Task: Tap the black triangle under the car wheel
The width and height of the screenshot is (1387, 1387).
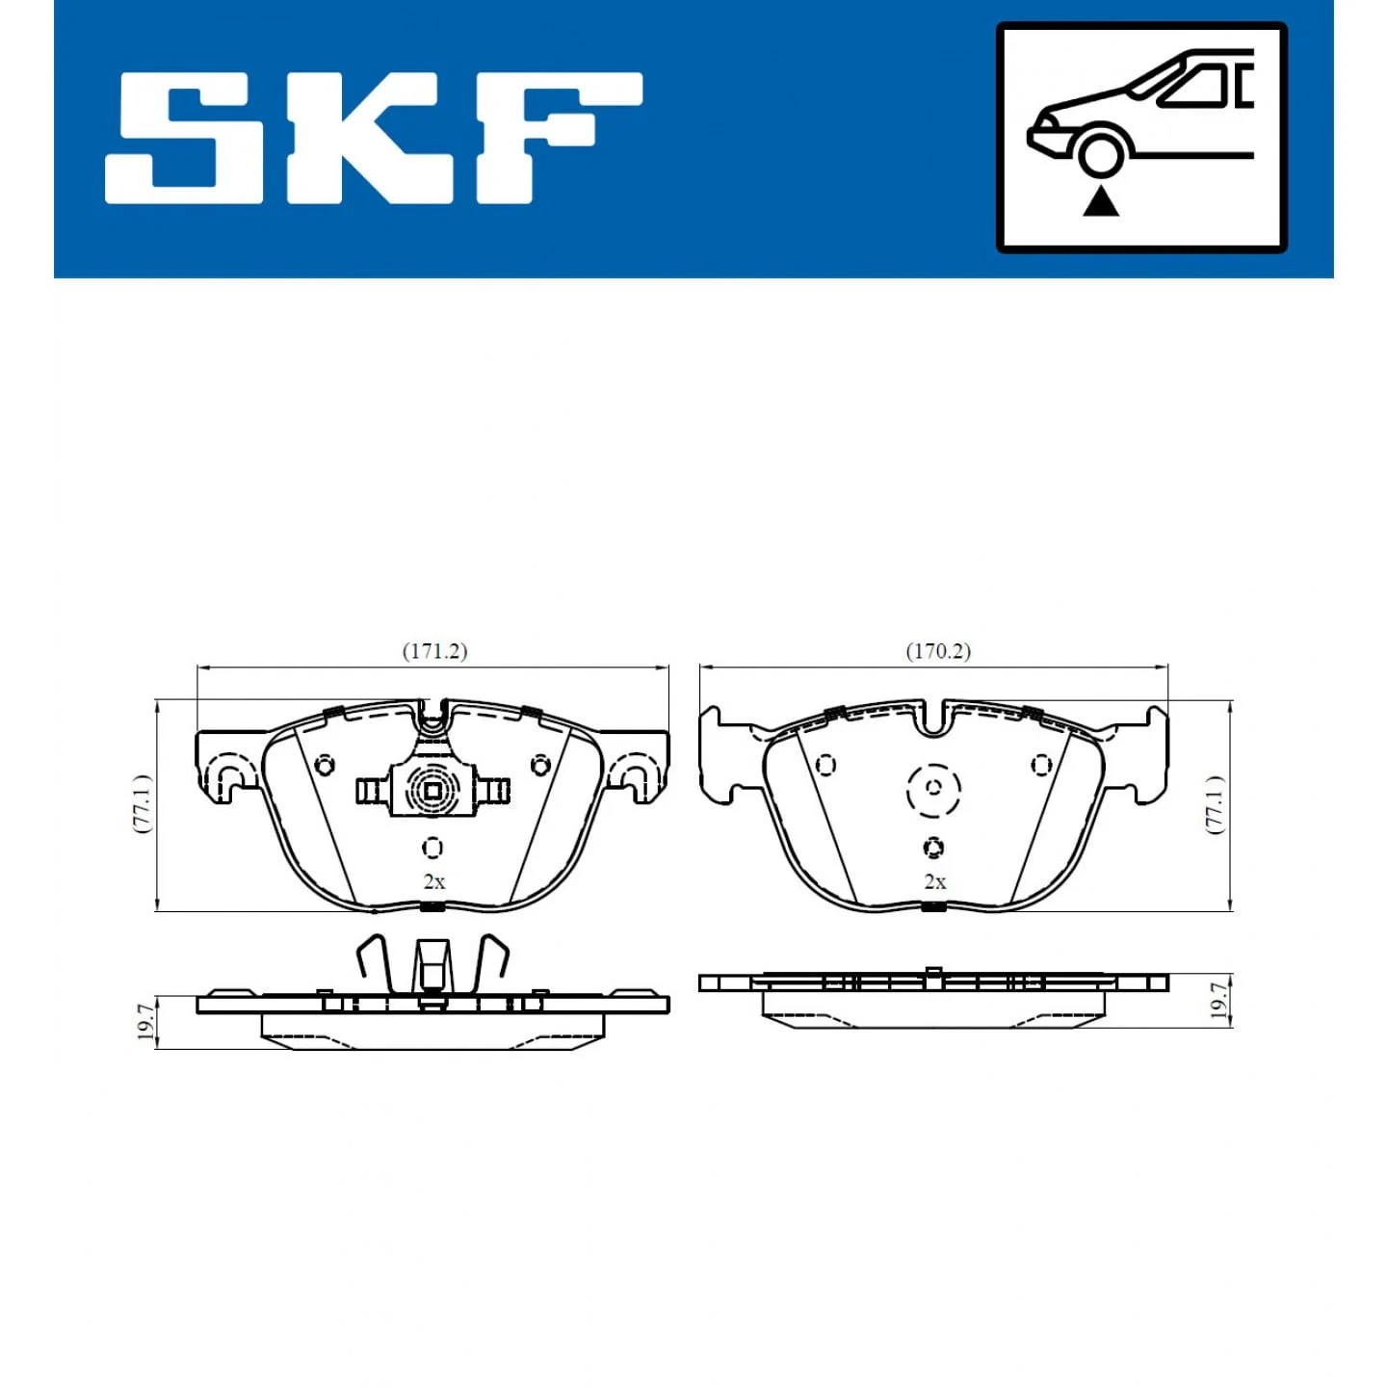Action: coord(1101,201)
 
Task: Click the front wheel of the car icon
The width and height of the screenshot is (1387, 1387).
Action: coord(1101,155)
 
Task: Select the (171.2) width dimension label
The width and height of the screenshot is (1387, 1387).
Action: coord(434,651)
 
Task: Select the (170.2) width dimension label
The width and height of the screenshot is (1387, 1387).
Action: coord(938,651)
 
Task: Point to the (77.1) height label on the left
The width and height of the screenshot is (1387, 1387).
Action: coord(144,804)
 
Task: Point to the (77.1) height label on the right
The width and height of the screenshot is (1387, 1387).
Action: coord(1216,804)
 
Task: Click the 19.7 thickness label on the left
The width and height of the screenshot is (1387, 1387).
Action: coord(144,1024)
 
